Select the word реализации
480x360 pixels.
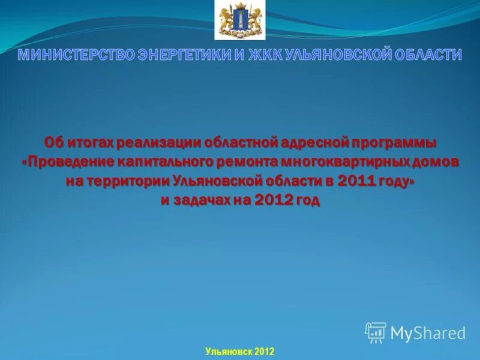158,143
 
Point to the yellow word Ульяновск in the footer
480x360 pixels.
226,351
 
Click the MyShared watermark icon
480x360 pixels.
376,332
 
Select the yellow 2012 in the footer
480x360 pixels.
264,351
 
